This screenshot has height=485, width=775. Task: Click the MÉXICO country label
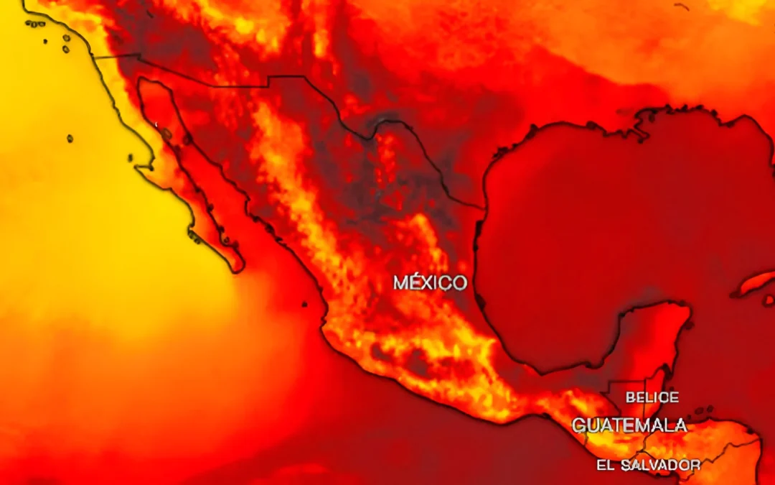click(430, 282)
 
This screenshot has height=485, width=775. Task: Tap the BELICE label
click(652, 397)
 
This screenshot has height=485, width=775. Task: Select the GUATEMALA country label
click(629, 425)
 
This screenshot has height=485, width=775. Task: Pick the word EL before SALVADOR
click(605, 466)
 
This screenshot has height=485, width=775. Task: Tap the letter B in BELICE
click(630, 397)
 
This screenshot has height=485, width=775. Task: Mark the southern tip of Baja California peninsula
click(238, 271)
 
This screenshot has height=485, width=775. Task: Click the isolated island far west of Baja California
click(70, 138)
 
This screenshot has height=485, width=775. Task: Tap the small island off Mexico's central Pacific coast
click(304, 304)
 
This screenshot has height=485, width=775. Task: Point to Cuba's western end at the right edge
click(736, 293)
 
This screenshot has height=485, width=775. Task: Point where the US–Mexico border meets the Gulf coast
click(483, 208)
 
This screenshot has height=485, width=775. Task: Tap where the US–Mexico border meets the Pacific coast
click(93, 56)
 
